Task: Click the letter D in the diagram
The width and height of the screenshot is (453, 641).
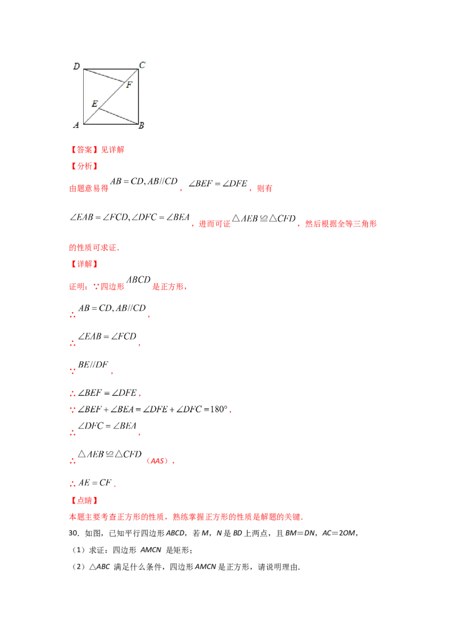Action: [76, 67]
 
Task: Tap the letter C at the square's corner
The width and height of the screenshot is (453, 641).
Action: [142, 65]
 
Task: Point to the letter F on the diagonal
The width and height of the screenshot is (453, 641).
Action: [129, 85]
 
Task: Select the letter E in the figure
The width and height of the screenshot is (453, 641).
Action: [95, 104]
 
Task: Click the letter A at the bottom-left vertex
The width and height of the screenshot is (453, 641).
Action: [76, 126]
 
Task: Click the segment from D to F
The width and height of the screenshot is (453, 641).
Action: [105, 76]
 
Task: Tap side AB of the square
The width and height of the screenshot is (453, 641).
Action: [111, 124]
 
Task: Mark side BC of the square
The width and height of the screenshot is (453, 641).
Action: [139, 96]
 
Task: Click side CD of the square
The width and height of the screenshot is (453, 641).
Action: [111, 69]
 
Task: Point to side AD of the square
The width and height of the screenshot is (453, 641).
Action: [84, 96]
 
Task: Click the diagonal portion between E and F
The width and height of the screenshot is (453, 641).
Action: [111, 96]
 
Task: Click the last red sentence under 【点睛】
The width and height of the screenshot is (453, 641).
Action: [186, 516]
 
